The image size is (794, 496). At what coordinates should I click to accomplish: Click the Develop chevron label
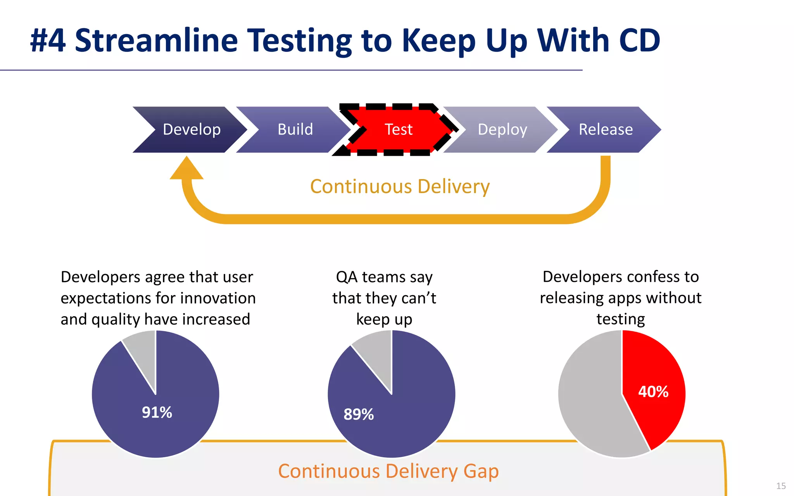(x=192, y=129)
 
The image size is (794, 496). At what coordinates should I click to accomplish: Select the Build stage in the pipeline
(x=295, y=129)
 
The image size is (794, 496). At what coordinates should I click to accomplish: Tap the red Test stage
(x=399, y=129)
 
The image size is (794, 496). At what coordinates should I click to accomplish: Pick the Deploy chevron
(x=502, y=129)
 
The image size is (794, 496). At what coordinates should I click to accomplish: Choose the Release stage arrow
(x=606, y=129)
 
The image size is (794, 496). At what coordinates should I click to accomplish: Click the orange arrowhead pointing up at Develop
(x=186, y=169)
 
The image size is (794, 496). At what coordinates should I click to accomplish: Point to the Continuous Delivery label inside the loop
(x=400, y=186)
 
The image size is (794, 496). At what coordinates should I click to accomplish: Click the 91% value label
(x=157, y=412)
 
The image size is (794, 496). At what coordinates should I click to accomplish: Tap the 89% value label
(x=359, y=414)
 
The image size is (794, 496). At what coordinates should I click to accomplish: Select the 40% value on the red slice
(x=653, y=392)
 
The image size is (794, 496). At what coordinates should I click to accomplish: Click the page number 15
(x=781, y=486)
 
